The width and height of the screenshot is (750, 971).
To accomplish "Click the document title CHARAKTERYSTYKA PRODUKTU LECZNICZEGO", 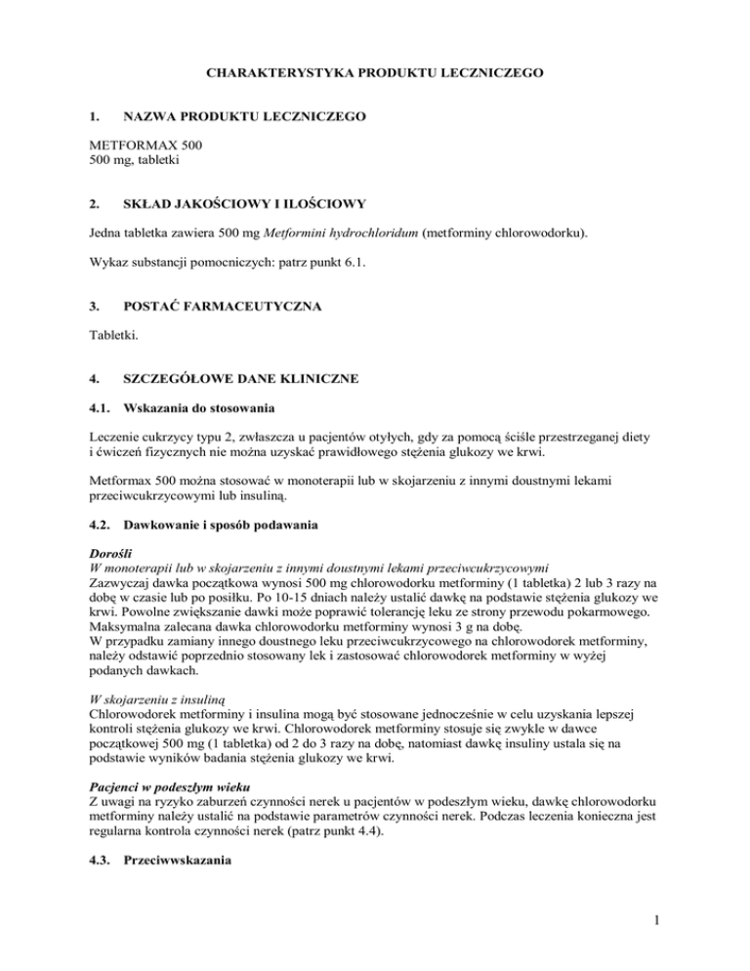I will coord(374,71).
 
